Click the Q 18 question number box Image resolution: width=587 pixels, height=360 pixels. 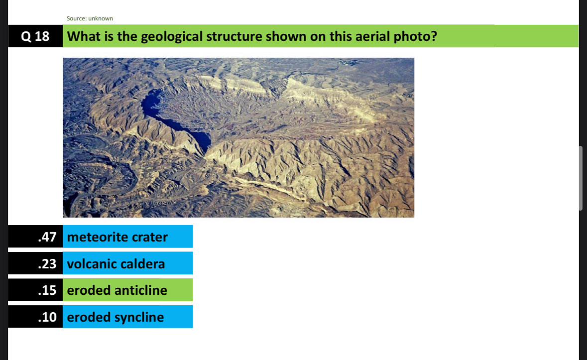click(35, 36)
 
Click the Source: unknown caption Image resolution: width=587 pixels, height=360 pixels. click(90, 18)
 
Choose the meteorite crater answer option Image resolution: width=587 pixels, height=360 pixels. click(127, 237)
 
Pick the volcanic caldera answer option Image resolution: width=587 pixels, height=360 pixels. click(127, 263)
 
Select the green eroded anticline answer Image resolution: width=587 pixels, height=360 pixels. click(127, 290)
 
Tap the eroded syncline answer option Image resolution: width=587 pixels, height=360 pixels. click(127, 317)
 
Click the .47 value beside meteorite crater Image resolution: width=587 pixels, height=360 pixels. click(47, 237)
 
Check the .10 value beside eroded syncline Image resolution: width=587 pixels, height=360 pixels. click(47, 317)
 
